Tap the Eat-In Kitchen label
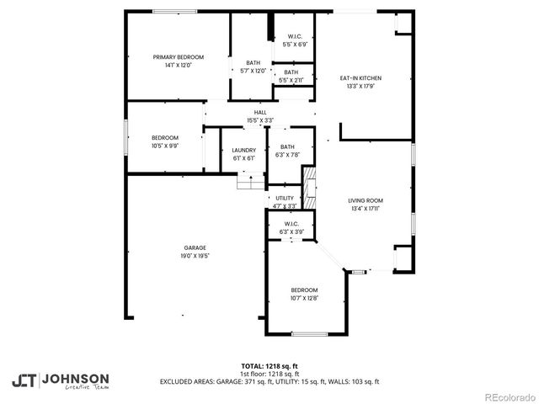pos(355,77)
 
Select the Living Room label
pos(366,200)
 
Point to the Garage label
pos(195,247)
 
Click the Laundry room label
pos(243,151)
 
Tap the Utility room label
pos(285,198)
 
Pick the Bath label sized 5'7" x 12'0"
pos(253,63)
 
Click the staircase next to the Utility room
pos(309,185)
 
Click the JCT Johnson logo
pos(60,380)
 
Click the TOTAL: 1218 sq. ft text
pos(269,366)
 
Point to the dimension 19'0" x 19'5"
pos(195,255)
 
